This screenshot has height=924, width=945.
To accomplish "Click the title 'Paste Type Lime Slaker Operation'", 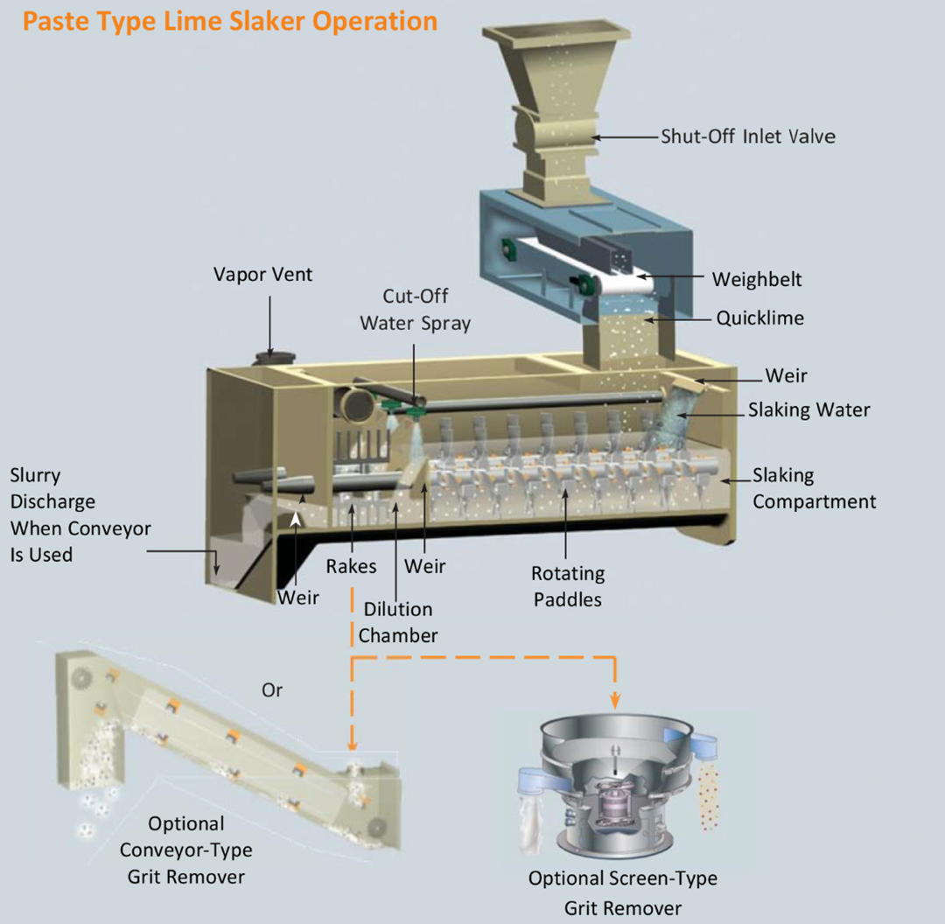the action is (230, 22).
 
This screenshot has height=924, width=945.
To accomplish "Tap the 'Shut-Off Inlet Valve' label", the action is (748, 136).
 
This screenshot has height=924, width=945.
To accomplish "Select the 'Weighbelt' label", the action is (757, 279).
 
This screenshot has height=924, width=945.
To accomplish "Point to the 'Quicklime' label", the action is (760, 318).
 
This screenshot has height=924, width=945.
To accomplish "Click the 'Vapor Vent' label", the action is (262, 274).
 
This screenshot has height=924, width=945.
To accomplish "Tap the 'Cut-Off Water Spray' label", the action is (416, 310).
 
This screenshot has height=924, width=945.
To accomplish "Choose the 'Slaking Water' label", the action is (808, 409).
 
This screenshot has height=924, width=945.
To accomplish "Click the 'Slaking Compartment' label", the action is (814, 488).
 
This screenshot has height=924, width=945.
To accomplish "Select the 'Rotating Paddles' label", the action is (568, 586).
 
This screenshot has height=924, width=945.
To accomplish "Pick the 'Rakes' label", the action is (352, 567).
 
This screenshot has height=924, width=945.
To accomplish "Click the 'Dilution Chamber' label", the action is (398, 622).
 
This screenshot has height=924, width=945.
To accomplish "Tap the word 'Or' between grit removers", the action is (272, 690).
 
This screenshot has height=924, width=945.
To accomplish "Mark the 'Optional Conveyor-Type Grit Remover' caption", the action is (186, 850).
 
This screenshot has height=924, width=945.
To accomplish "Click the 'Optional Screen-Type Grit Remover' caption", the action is (623, 892).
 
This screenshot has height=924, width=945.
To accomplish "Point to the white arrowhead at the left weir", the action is (296, 519).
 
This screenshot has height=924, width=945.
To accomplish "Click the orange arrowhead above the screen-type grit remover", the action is (615, 700).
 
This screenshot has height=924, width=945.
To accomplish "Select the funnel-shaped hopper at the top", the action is (556, 111).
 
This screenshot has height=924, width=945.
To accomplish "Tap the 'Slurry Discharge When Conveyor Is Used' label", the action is (80, 514).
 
